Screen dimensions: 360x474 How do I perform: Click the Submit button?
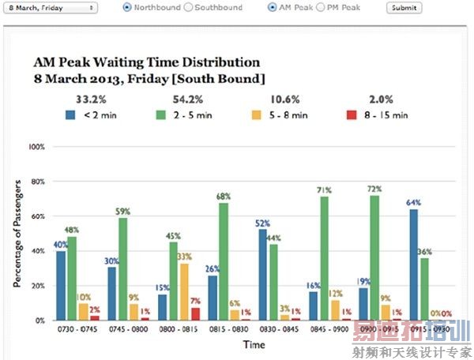[403, 7]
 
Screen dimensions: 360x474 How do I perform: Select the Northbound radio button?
[127, 7]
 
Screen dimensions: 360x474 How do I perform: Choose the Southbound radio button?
[187, 7]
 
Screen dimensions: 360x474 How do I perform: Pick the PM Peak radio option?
[320, 7]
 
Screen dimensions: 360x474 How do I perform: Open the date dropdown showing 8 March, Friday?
[51, 7]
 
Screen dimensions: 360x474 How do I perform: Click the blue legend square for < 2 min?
[70, 114]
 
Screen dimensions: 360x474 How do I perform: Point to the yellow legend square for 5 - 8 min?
[279, 114]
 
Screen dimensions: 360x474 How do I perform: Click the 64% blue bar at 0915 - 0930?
[412, 264]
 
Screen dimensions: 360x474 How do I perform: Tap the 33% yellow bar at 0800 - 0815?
[184, 291]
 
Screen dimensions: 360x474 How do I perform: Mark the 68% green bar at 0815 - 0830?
[224, 261]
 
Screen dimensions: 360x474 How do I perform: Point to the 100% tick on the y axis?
[36, 147]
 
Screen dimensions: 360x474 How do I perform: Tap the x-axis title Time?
[254, 345]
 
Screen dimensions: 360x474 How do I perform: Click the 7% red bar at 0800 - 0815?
[195, 313]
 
